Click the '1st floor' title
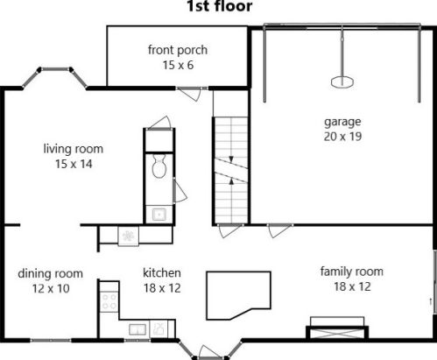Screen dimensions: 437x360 point(219,6)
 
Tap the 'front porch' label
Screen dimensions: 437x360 point(178,50)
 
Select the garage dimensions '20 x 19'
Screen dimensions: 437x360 point(342,137)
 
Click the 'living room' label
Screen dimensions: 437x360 point(74,149)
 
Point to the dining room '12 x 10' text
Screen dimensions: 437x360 point(51,289)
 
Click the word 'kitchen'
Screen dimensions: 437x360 point(162,272)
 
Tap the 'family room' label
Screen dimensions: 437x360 point(352,272)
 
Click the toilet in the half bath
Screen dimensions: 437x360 point(159,166)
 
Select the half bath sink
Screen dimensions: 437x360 point(159,215)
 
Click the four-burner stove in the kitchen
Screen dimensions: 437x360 point(109,301)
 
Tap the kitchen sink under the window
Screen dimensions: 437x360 point(137,329)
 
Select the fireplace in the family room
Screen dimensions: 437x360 point(337,328)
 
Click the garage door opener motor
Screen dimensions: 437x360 point(342,81)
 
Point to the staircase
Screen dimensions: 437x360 point(231,170)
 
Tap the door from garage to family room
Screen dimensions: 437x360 point(279,230)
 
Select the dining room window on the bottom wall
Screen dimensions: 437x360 point(51,340)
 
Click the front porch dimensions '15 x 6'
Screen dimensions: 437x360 point(178,65)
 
